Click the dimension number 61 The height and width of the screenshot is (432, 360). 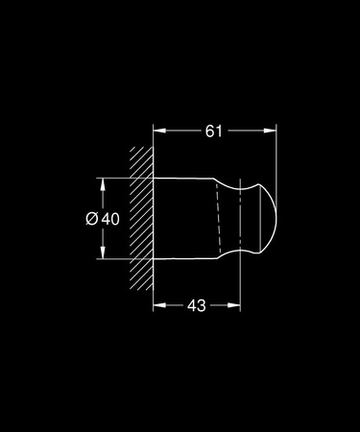point(213,131)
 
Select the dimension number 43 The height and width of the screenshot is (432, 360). point(196,304)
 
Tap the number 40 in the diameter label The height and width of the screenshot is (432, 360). point(109,218)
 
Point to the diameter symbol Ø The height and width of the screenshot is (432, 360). point(91,218)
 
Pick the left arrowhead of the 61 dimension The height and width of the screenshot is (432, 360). point(159,131)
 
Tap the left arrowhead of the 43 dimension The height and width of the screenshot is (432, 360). point(159,304)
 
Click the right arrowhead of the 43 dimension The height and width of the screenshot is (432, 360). point(233,304)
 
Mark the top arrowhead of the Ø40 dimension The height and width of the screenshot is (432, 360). point(101,182)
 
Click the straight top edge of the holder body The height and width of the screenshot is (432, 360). point(187,179)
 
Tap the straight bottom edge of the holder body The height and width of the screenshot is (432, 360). point(187,257)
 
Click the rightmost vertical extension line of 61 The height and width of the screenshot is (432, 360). point(276,154)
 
